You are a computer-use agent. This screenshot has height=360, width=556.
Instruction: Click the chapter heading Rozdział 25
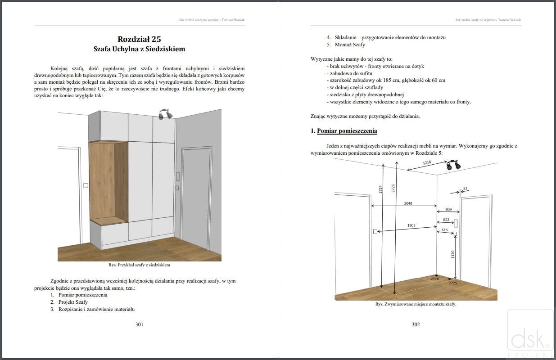click(139, 39)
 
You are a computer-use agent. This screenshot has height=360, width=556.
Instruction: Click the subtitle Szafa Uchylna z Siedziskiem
click(139, 49)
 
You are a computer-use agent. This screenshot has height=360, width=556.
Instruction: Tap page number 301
click(139, 324)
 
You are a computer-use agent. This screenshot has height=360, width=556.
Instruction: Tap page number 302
click(416, 324)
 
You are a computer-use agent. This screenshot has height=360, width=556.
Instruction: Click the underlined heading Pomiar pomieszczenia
click(347, 131)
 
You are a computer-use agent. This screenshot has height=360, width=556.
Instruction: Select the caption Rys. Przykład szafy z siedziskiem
click(139, 265)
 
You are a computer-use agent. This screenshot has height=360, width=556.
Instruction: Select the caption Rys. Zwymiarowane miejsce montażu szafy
click(416, 304)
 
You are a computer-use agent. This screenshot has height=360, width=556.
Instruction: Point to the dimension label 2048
click(408, 203)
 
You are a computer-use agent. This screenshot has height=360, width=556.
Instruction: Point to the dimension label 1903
click(411, 225)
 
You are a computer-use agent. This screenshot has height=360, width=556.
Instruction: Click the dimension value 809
click(448, 209)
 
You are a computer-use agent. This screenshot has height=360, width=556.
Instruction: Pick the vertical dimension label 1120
click(453, 254)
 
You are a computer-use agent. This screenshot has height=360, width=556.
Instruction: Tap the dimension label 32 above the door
click(465, 188)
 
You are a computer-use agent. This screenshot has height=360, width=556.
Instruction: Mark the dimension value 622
click(446, 220)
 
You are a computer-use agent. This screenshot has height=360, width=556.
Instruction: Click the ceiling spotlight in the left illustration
click(165, 114)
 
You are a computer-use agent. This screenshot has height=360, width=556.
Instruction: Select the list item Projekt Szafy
click(73, 302)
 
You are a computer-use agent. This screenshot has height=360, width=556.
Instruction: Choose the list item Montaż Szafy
click(350, 45)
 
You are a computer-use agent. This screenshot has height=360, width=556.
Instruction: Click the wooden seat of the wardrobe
click(108, 220)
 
